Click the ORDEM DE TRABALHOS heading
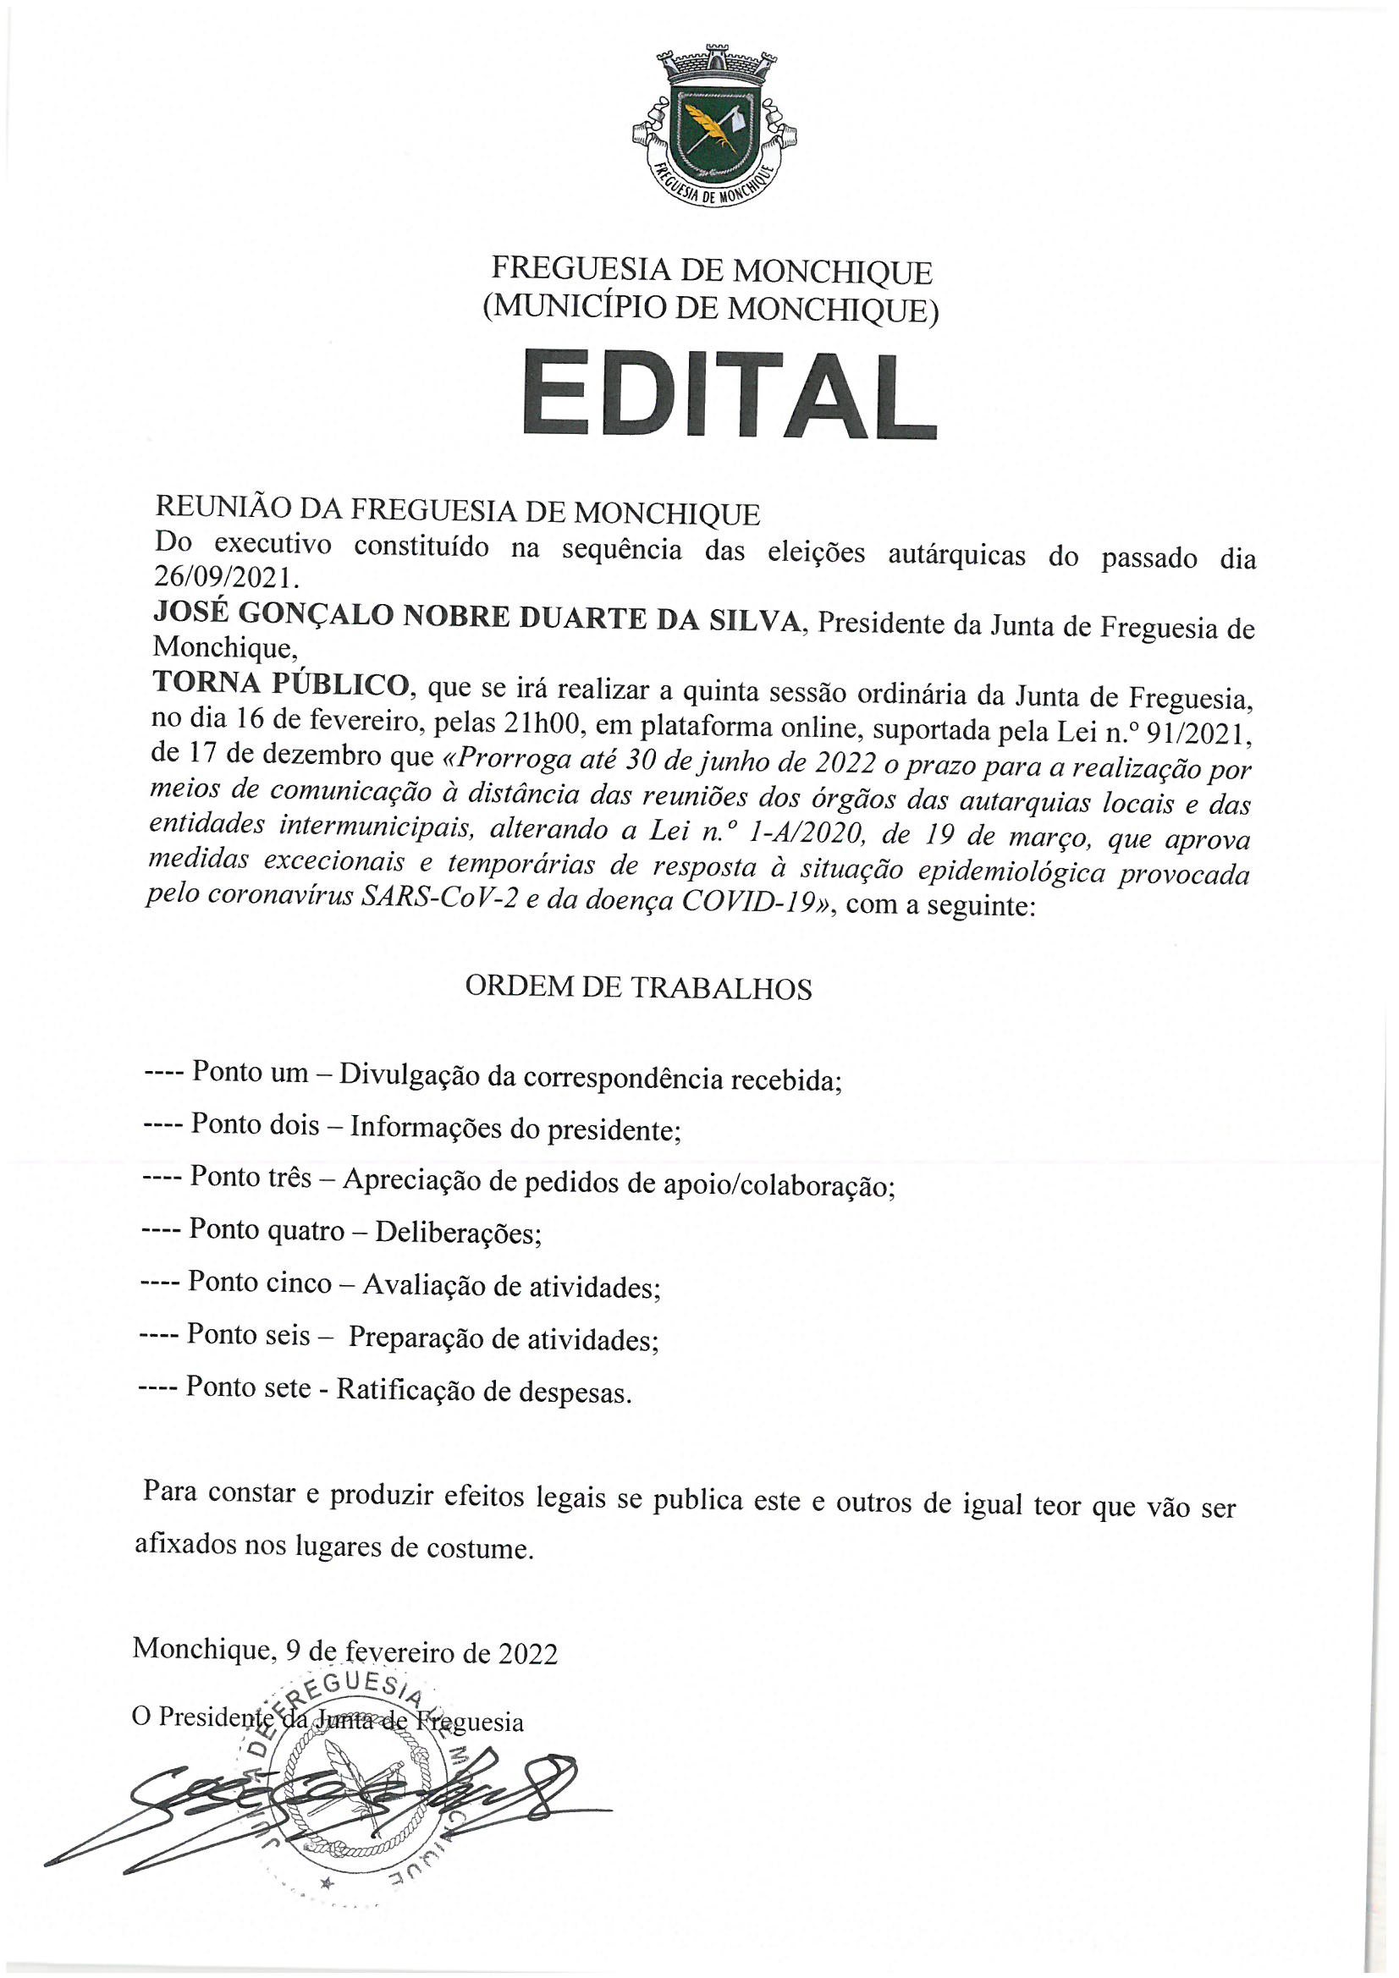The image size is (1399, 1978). tap(638, 988)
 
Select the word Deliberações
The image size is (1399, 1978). tap(458, 1234)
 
